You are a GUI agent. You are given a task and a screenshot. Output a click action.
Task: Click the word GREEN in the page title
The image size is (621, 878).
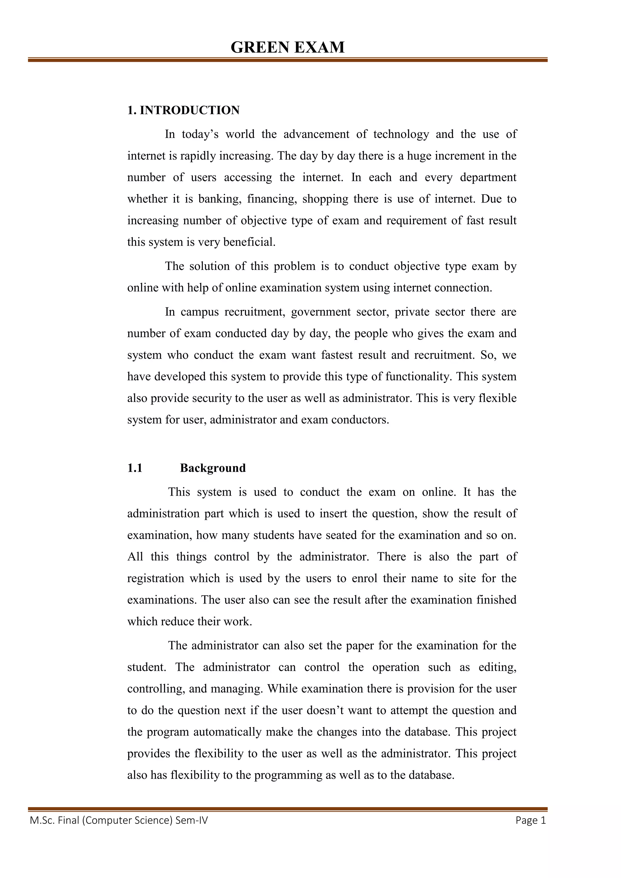(260, 48)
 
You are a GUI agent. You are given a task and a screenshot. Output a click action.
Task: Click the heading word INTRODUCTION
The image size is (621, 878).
(190, 110)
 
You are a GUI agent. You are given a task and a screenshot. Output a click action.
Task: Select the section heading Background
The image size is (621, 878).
(213, 468)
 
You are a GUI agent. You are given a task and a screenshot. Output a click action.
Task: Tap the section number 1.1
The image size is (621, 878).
(135, 468)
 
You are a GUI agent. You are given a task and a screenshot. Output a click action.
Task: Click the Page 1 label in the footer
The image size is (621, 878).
(530, 820)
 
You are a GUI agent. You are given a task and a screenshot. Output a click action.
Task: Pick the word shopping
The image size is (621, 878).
(325, 199)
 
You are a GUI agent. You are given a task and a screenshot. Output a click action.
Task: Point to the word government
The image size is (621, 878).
(320, 312)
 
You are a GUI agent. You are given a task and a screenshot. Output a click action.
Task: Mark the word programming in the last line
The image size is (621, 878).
(287, 775)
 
